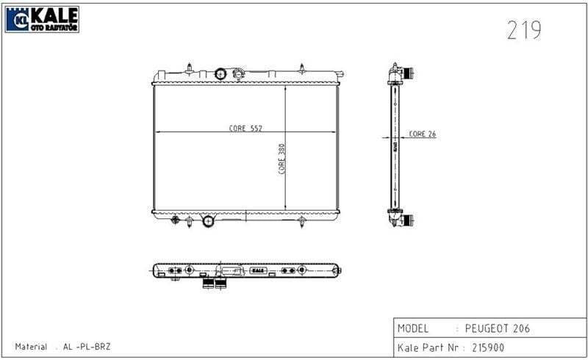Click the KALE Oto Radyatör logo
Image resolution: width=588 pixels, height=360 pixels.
(x=42, y=19)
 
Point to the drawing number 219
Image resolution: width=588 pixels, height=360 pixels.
(x=524, y=30)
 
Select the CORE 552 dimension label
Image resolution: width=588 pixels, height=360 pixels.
(x=245, y=128)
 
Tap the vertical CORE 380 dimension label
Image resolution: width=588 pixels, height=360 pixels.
(x=282, y=159)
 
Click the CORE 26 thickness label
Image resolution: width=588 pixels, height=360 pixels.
(x=422, y=134)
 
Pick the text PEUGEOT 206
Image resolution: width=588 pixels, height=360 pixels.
(x=498, y=328)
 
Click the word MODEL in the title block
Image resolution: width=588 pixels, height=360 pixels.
(x=413, y=328)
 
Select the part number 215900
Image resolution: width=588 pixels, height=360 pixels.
(x=488, y=348)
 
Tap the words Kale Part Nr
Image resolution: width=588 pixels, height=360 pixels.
(x=428, y=348)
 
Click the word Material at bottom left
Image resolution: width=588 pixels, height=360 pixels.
(x=31, y=347)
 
